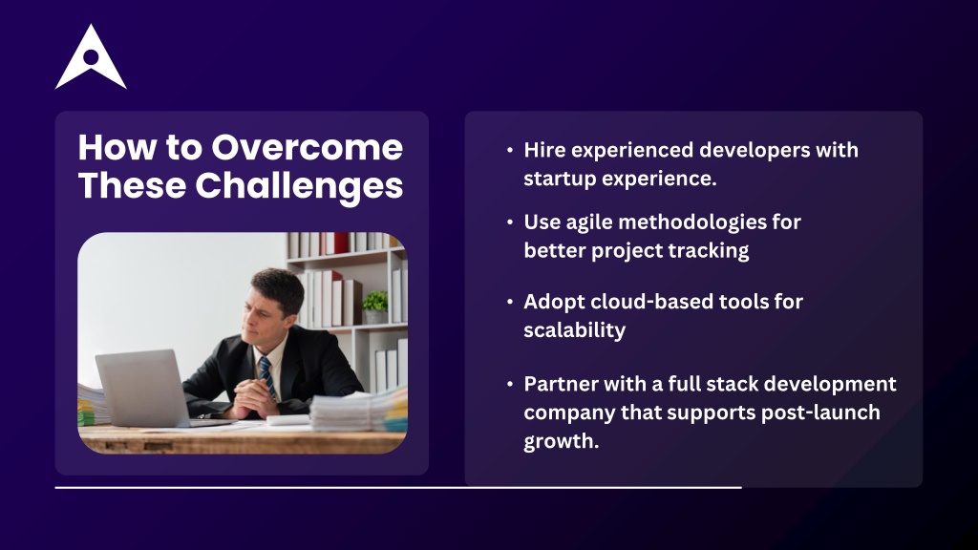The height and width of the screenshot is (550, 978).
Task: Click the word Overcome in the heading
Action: point(307,148)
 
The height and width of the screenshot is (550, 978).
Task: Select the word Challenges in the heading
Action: point(299,186)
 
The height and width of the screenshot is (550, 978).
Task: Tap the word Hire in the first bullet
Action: point(545,150)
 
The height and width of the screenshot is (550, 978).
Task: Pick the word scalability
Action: point(574,329)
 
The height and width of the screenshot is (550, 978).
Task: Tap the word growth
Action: point(562,441)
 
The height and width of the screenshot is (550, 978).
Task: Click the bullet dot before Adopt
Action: point(510,302)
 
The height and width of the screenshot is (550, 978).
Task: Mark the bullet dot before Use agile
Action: point(510,222)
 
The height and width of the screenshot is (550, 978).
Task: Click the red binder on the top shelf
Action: point(340,243)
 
